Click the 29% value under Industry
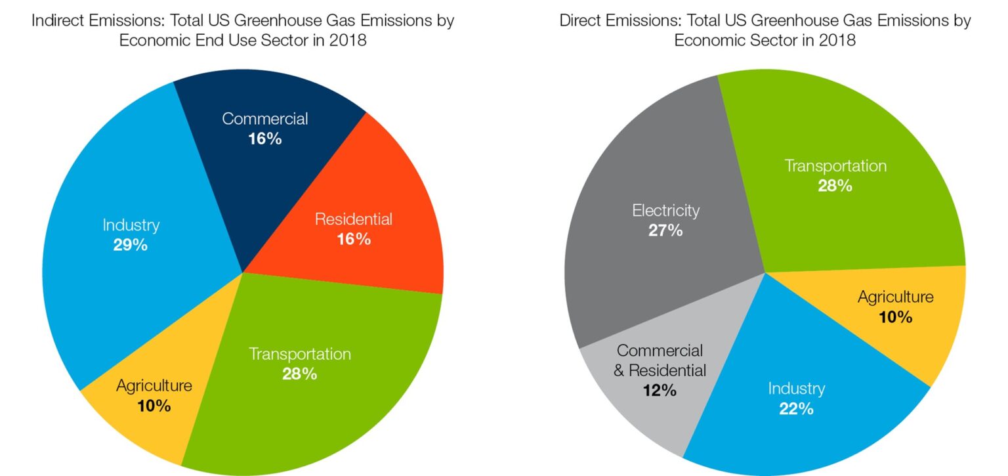(131, 246)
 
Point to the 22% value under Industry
(797, 408)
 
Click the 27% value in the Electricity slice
(665, 230)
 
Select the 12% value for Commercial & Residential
(660, 390)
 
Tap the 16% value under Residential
(354, 239)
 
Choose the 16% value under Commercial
(264, 139)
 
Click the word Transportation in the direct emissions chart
(835, 165)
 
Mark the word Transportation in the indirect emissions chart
(300, 354)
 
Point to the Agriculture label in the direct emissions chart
(895, 297)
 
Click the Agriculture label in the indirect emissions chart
(154, 385)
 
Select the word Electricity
(665, 211)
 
